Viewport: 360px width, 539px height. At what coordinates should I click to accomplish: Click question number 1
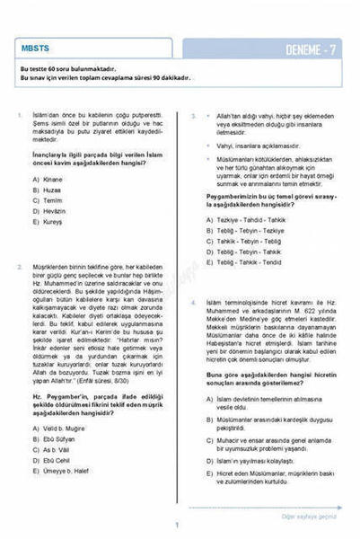(19, 115)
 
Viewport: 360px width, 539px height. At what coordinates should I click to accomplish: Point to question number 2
(19, 267)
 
